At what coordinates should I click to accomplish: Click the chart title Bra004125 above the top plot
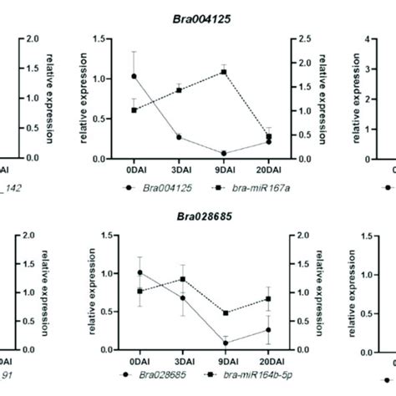click(197, 18)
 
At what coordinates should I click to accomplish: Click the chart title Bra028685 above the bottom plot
click(197, 216)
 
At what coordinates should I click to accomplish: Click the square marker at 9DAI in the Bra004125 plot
click(224, 72)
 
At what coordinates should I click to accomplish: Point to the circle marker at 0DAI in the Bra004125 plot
click(135, 76)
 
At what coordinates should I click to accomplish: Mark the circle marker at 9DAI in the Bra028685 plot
click(224, 343)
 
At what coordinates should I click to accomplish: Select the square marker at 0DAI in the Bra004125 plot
click(135, 109)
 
